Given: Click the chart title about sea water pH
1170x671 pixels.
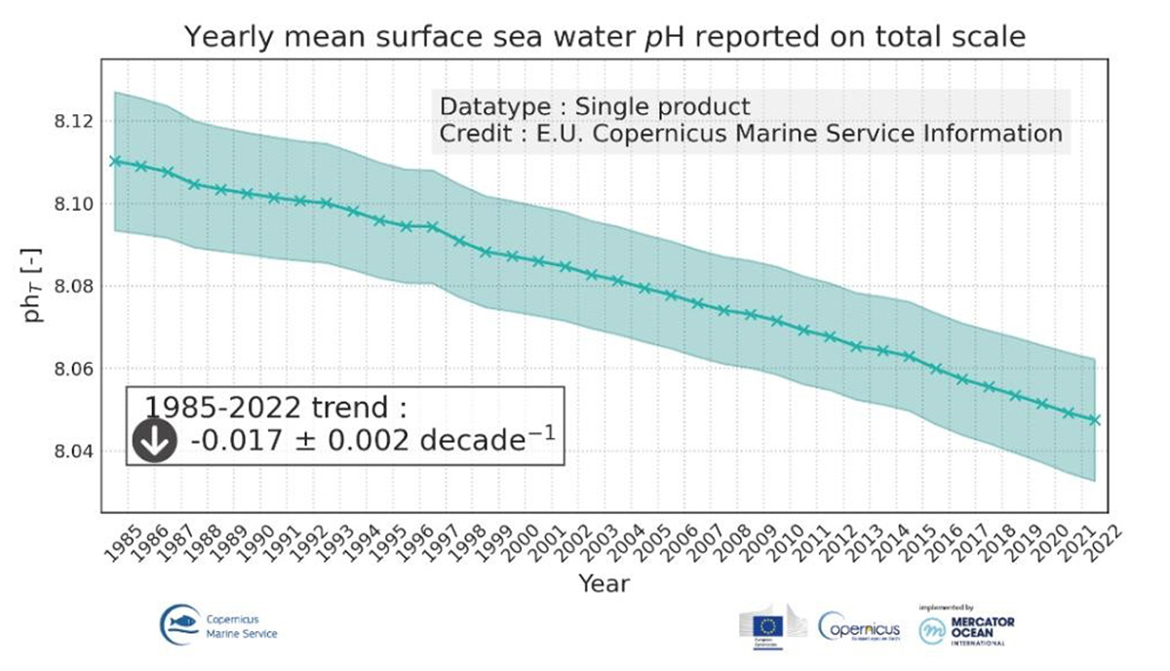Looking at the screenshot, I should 604,38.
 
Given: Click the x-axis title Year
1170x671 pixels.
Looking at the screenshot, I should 604,584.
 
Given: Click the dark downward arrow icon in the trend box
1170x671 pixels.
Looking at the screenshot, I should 155,442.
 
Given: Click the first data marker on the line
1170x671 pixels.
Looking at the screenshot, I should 115,161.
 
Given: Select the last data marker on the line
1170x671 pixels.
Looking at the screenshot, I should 1096,419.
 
